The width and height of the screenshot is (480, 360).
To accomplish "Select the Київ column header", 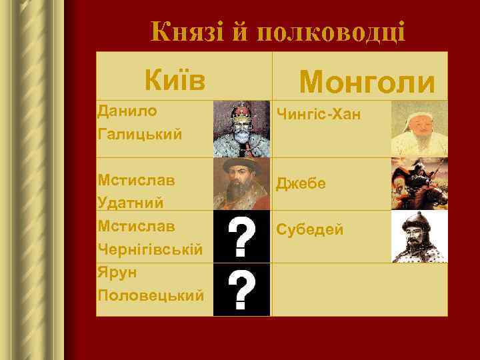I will point(175,79).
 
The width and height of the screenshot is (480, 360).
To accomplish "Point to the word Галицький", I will point(139,134).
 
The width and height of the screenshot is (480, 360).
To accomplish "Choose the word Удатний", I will point(131,202).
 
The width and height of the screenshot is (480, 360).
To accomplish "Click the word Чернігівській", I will point(149,249).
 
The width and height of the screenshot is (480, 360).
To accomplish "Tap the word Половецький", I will point(150,295).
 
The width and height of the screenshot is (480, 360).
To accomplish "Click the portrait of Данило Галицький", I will point(241,129).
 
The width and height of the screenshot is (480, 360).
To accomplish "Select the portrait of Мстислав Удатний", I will point(241,183).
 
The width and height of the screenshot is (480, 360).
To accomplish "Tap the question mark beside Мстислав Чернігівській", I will point(241,237).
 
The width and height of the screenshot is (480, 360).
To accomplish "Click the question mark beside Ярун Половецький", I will point(241,289).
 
